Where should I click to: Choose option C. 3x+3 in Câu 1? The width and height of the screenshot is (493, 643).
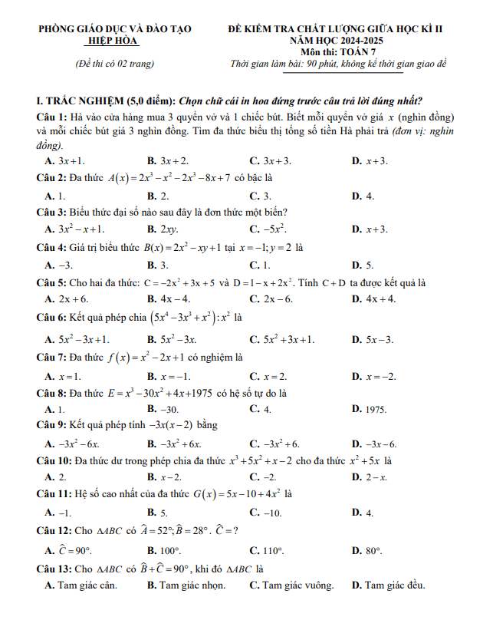click(x=271, y=161)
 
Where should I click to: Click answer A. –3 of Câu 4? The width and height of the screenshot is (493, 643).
click(x=59, y=265)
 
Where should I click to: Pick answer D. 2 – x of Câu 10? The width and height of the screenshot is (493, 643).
click(x=369, y=477)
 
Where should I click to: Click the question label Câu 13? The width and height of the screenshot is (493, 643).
click(x=54, y=569)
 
